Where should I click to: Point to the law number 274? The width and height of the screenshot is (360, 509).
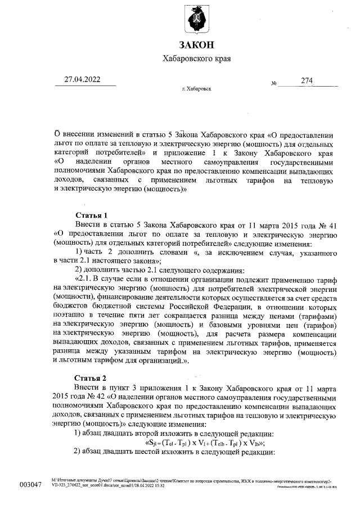(307, 80)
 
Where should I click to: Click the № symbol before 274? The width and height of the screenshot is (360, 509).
(274, 83)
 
